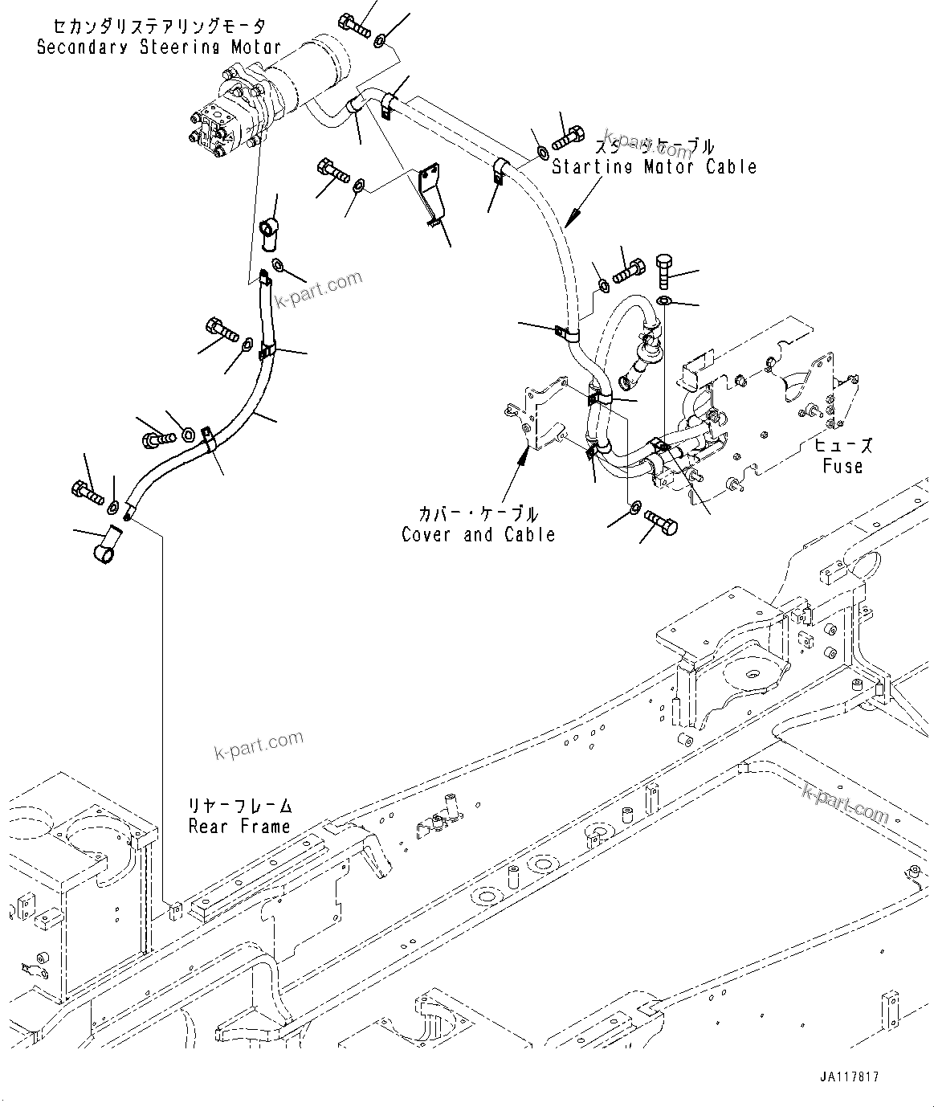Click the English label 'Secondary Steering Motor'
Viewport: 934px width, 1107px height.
(x=158, y=47)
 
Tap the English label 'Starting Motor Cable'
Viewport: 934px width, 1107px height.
(x=654, y=167)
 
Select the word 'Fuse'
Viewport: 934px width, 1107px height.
(x=842, y=466)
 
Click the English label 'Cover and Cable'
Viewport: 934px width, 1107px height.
(x=478, y=535)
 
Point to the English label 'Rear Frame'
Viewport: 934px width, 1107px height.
(x=239, y=827)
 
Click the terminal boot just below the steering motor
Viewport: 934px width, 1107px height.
(x=269, y=234)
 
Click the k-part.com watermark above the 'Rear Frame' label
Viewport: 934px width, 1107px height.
(x=259, y=745)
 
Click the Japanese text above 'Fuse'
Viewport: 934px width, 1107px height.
(x=842, y=446)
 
